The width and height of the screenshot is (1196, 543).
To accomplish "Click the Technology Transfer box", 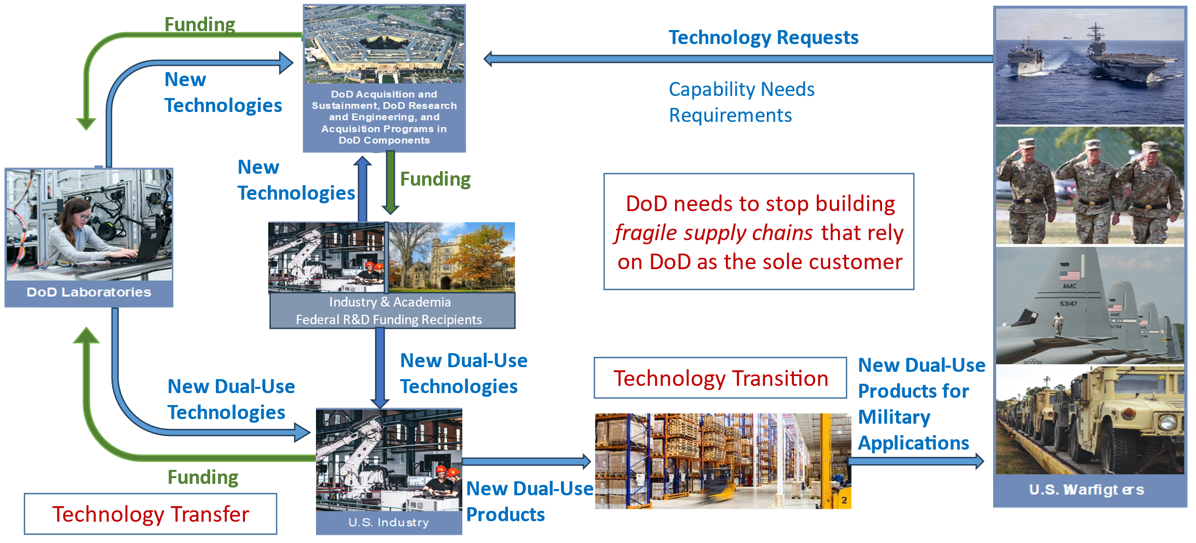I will (x=150, y=514).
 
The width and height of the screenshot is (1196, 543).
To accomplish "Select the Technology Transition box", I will (x=720, y=378).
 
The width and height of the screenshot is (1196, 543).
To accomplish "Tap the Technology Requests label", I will (x=763, y=37).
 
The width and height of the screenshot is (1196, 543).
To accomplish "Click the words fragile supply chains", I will (x=713, y=233).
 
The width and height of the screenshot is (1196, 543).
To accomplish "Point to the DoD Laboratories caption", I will (x=89, y=293).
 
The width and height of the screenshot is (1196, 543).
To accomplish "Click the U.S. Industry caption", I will (x=389, y=522).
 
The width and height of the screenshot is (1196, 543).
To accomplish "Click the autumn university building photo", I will (x=451, y=257).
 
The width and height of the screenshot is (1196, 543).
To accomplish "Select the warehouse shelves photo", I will (x=722, y=461).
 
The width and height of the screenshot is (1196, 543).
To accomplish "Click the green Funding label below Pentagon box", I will (x=435, y=179).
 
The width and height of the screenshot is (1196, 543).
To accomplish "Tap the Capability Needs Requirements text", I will (x=741, y=102).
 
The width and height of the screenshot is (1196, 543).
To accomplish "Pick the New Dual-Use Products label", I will (x=529, y=501).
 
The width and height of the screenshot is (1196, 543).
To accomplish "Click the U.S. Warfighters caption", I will (x=1087, y=490).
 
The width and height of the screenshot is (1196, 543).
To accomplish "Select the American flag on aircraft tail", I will (x=1069, y=275).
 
